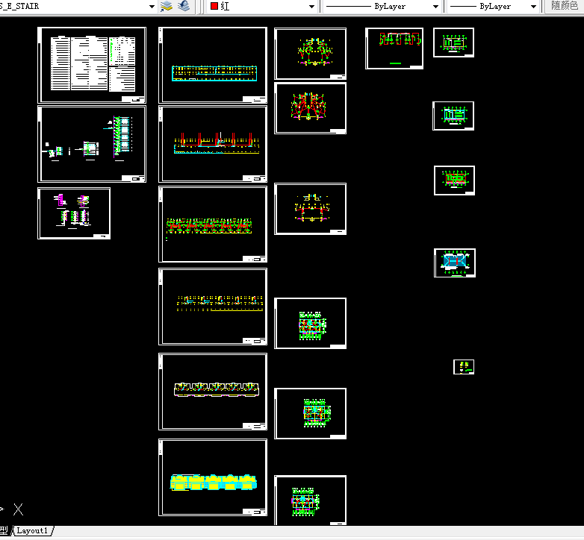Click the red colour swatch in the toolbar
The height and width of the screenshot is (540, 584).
pyautogui.click(x=214, y=6)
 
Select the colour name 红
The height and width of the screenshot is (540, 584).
pyautogui.click(x=225, y=6)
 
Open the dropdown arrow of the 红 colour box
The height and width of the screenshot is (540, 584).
pyautogui.click(x=312, y=6)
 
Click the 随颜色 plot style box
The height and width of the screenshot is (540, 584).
pyautogui.click(x=564, y=6)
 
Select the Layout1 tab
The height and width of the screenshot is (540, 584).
pyautogui.click(x=32, y=530)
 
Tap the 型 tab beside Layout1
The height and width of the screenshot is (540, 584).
pyautogui.click(x=7, y=530)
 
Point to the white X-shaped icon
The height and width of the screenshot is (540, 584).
pyautogui.click(x=19, y=510)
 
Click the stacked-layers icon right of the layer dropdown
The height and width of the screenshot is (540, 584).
pyautogui.click(x=167, y=6)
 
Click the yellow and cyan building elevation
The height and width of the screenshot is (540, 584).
pyautogui.click(x=215, y=482)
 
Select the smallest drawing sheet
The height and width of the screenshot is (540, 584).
pyautogui.click(x=464, y=367)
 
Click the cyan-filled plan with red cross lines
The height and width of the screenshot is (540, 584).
pyautogui.click(x=454, y=262)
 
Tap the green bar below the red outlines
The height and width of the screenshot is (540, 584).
pyautogui.click(x=395, y=64)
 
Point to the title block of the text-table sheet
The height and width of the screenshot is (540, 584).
pyautogui.click(x=134, y=98)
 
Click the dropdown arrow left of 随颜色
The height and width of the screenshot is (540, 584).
pyautogui.click(x=533, y=6)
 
